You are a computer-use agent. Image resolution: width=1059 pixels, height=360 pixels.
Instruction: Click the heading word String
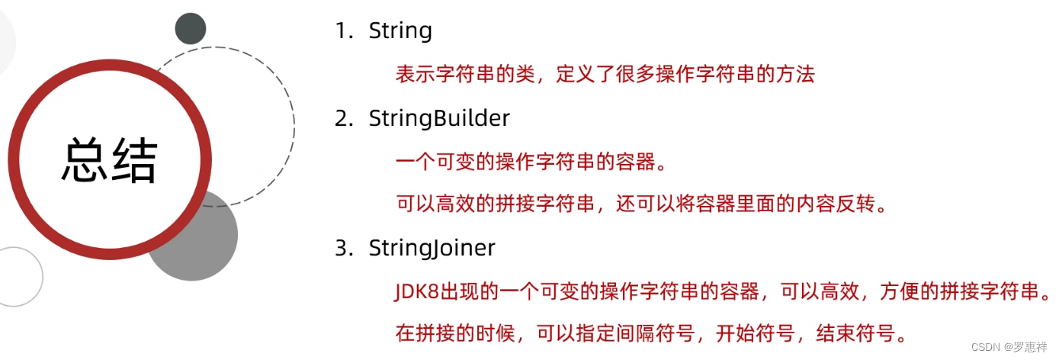[x=400, y=31]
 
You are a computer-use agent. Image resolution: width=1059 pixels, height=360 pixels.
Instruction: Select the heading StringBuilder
[x=439, y=119]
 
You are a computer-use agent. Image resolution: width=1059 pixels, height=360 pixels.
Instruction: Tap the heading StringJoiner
[x=432, y=249]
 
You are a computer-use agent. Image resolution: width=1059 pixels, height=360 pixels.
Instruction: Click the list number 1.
[x=341, y=31]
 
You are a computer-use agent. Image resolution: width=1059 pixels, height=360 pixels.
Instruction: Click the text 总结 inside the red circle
[x=109, y=161]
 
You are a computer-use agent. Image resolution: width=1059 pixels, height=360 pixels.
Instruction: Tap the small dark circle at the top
[x=191, y=28]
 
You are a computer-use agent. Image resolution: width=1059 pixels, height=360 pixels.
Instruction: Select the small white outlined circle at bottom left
[x=17, y=276]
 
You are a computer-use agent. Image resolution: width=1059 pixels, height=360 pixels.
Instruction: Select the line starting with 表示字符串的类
[x=605, y=74]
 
